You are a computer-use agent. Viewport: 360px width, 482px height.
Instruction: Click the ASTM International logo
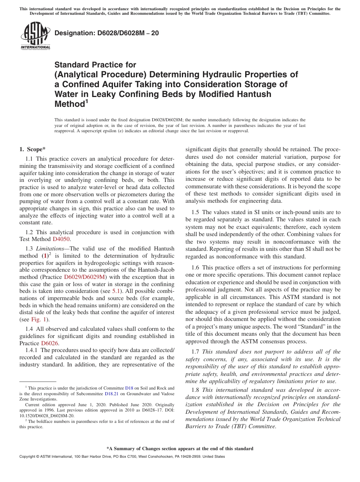(35, 36)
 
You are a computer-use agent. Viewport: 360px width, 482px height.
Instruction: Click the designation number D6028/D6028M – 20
(106, 33)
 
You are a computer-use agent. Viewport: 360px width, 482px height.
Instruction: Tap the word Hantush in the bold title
(257, 94)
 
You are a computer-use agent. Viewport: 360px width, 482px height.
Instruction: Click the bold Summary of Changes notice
(180, 449)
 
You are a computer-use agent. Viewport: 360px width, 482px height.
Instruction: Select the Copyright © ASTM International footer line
(122, 457)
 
